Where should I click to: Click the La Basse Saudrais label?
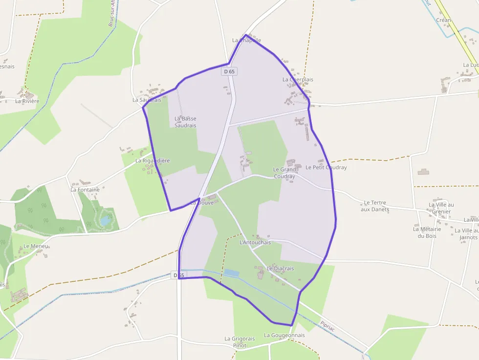pos(185,122)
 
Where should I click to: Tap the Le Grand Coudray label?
pos(284,173)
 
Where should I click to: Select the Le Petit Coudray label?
pos(326,167)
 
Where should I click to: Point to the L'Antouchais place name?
pos(255,242)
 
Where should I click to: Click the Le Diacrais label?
pos(281,268)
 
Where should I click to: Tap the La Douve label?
pos(202,202)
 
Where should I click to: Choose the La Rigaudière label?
pos(152,160)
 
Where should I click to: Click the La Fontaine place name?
pos(85,190)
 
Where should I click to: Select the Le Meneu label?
pos(36,246)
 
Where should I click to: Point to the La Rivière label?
pos(27,101)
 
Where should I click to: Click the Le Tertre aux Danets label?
pos(375,206)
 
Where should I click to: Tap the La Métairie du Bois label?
pos(427,233)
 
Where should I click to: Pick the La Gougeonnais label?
pos(284,335)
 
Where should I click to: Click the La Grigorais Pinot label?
pos(239,342)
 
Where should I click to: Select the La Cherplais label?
pos(298,79)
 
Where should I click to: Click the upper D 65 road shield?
pos(229,71)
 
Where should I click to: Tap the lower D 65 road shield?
pos(179,275)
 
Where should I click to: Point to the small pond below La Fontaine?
pos(106,220)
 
